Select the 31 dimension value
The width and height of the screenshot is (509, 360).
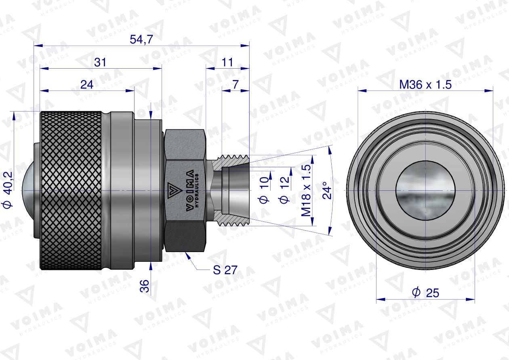(x=100, y=62)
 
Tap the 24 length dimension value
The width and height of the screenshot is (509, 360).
(x=87, y=84)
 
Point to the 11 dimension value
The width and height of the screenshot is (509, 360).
(x=228, y=62)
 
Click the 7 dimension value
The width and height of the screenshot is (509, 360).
(x=236, y=84)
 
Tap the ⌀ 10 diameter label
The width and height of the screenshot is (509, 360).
(x=263, y=190)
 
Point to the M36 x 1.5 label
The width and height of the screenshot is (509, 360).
(x=425, y=85)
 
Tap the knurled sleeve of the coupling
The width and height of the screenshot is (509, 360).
(x=71, y=190)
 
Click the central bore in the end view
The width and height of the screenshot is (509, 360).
(x=425, y=190)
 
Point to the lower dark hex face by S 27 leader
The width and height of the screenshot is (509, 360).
(x=186, y=238)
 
